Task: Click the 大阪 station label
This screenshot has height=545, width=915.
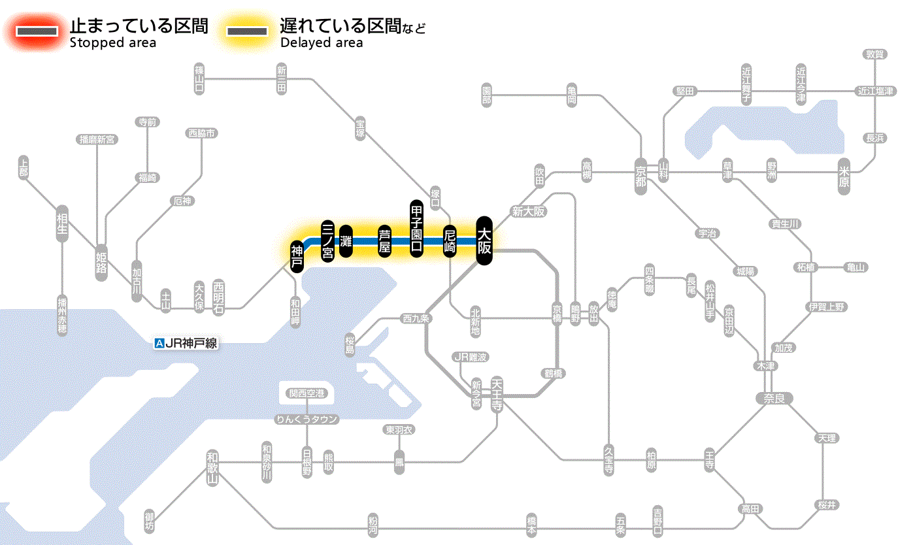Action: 484,240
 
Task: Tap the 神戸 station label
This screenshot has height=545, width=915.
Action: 297,256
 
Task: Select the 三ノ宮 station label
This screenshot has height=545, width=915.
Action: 328,240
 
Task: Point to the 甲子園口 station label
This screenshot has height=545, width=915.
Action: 417,228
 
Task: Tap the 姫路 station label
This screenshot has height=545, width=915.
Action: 101,261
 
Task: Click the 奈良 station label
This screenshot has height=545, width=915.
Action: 774,398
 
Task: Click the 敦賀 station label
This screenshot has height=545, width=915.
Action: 874,54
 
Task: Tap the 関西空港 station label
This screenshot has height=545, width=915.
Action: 307,393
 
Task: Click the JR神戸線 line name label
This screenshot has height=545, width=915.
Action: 186,343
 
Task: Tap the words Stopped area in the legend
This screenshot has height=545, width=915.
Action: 112,43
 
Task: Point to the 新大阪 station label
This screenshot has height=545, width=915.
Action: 528,211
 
